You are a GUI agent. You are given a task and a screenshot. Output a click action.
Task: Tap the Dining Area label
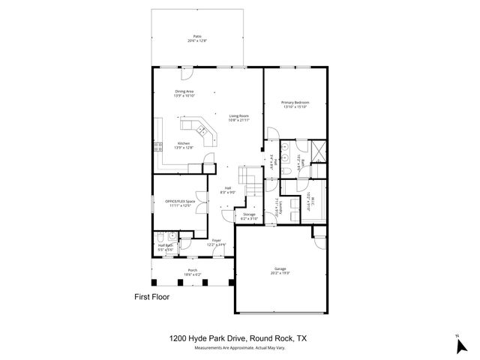[x=184, y=94]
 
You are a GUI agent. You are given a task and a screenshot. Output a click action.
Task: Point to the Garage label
[x=281, y=268]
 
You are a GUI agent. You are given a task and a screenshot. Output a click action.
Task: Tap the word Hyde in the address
[x=201, y=339]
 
